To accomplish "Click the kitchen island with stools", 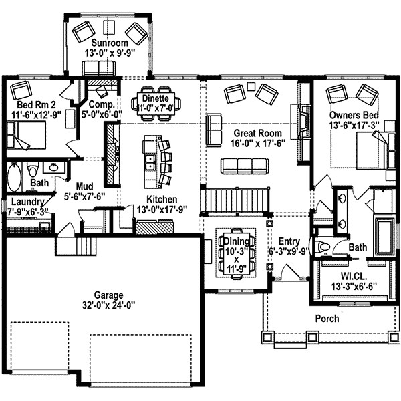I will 151,161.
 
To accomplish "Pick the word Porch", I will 326,319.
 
